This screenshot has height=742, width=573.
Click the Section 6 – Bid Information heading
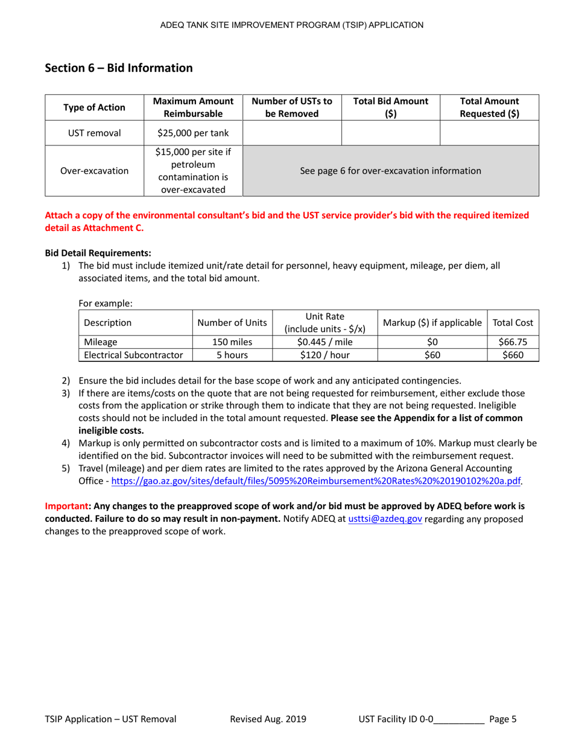coord(119,68)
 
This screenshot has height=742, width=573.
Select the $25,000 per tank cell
coord(192,132)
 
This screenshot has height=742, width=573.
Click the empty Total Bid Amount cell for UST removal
coord(390,132)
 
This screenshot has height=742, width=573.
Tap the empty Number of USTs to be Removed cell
coord(292,132)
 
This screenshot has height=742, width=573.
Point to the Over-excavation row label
coord(94,171)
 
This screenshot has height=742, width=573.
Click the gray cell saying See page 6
coord(390,171)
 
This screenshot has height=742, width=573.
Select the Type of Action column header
coord(94,107)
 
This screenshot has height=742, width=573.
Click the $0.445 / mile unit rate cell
coord(324,341)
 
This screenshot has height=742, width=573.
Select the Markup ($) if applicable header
coord(431,323)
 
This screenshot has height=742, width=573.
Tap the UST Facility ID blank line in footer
coord(459,719)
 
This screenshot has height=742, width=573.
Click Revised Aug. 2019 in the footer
coord(268,719)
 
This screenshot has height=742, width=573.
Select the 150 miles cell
coord(232,341)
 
